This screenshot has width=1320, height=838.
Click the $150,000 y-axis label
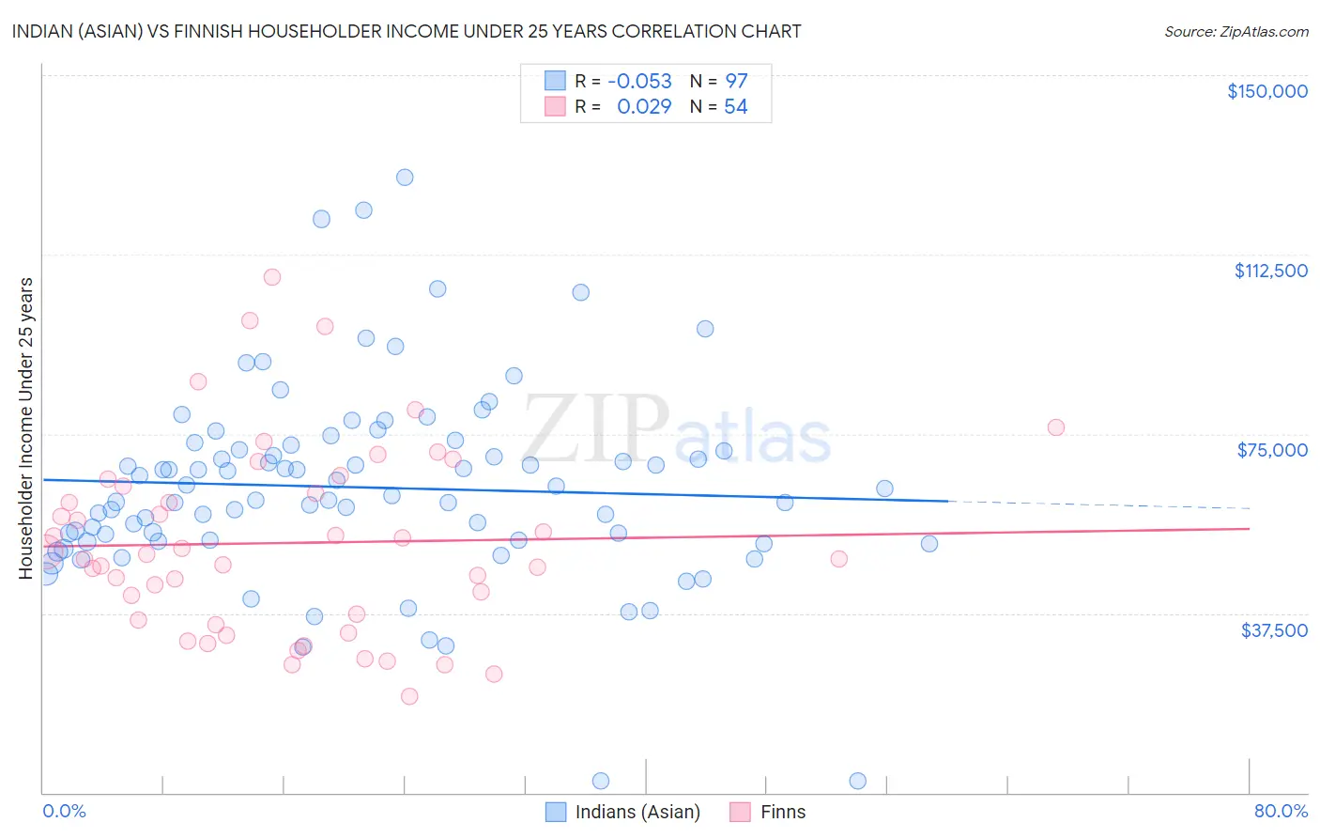point(1266,91)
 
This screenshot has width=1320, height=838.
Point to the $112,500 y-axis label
point(1270,271)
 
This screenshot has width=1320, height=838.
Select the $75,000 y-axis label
point(1272,450)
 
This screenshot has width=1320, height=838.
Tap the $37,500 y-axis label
point(1274,630)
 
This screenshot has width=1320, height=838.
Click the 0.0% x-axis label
point(64,811)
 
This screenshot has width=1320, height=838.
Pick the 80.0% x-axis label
point(1281,811)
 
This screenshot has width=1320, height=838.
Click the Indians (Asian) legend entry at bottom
point(637,812)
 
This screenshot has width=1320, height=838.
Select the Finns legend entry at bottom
point(783,812)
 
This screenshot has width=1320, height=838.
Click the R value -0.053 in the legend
point(639,81)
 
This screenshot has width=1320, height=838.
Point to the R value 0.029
point(644,106)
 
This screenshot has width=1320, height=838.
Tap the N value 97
point(736,81)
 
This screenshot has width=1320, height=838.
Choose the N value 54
point(735,106)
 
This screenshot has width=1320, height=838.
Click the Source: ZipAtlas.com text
point(1236,31)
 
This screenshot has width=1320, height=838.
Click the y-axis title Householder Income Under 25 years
point(26,427)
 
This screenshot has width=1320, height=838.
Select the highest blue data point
point(405,177)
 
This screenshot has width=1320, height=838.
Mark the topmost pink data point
point(272,277)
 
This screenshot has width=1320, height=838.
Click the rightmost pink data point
point(1055,427)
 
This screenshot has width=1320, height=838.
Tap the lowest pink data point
point(409,696)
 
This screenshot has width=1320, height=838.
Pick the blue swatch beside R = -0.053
point(555,81)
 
